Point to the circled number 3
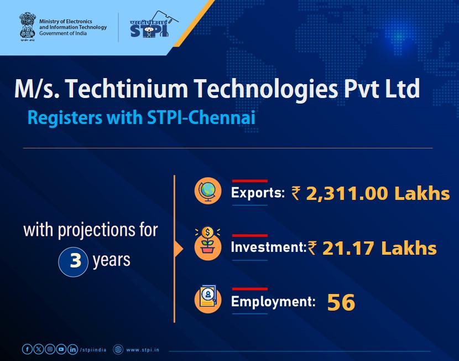[x=74, y=260]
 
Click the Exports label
[x=257, y=193]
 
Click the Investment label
[x=268, y=247]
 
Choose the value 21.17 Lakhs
[x=379, y=248]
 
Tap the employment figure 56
[x=341, y=302]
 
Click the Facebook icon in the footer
[x=27, y=349]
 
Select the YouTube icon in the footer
[x=61, y=349]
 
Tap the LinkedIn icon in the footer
[x=72, y=349]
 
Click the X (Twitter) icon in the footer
[x=38, y=349]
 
